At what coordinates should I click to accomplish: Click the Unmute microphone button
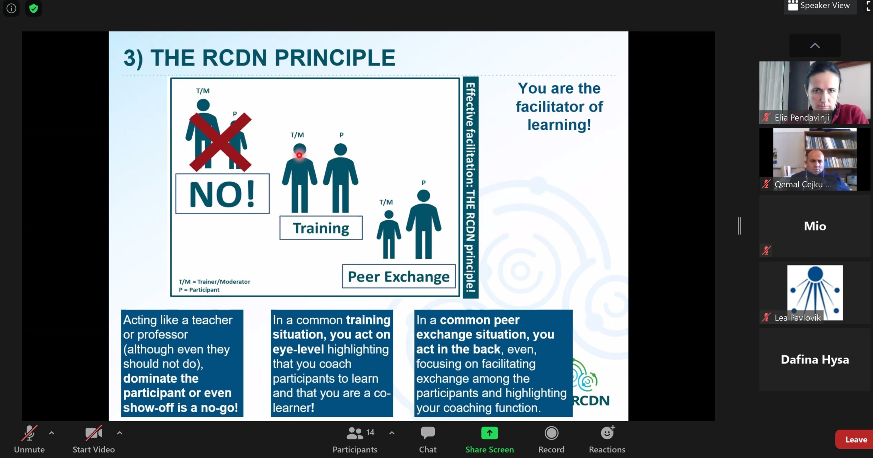(29, 439)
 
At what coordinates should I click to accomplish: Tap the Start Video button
(93, 439)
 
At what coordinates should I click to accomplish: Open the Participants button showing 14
(355, 439)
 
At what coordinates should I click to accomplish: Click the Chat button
(428, 439)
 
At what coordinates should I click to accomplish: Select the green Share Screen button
(489, 439)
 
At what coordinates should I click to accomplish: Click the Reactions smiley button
(607, 439)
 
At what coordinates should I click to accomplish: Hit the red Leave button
(855, 440)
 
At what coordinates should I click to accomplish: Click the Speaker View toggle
(820, 6)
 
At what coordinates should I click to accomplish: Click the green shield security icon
(33, 8)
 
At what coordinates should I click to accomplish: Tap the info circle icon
(11, 8)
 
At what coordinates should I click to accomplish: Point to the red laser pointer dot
(299, 155)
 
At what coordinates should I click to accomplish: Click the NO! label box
(222, 194)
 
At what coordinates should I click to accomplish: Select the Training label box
(321, 228)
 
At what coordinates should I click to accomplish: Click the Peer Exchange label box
(399, 276)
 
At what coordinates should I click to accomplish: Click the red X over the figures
(220, 142)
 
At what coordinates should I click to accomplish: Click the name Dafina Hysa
(815, 359)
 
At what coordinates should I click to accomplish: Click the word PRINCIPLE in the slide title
(335, 58)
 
